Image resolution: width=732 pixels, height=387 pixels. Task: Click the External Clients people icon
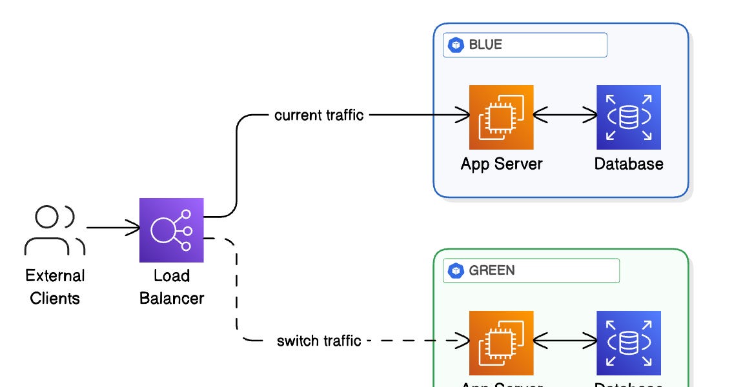click(x=54, y=230)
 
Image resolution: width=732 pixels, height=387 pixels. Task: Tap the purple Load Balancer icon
click(x=172, y=230)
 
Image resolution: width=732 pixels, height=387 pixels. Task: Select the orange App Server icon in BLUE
click(x=502, y=117)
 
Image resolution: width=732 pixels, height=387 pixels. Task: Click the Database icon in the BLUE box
click(x=628, y=117)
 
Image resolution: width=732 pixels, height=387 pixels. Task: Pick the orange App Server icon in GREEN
click(x=502, y=342)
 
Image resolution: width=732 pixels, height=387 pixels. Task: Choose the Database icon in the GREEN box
click(x=628, y=342)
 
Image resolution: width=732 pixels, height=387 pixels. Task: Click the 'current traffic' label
click(x=319, y=115)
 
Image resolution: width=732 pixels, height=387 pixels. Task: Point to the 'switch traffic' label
click(x=319, y=341)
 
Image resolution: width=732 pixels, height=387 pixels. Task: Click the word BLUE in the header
click(x=485, y=45)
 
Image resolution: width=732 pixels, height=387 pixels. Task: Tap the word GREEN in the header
click(x=492, y=270)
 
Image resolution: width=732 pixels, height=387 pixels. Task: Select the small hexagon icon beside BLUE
click(x=457, y=45)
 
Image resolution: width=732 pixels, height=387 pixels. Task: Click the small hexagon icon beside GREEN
click(x=457, y=271)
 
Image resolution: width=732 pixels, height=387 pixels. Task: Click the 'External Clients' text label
click(x=55, y=287)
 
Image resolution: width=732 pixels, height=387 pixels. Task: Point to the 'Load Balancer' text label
click(x=172, y=287)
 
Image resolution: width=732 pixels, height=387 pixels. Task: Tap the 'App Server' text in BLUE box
click(x=502, y=164)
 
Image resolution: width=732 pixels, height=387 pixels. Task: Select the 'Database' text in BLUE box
click(x=628, y=164)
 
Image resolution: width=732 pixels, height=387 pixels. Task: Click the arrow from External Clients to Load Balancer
click(x=113, y=228)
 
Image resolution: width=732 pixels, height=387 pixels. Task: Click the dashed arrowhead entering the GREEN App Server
click(x=462, y=341)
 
